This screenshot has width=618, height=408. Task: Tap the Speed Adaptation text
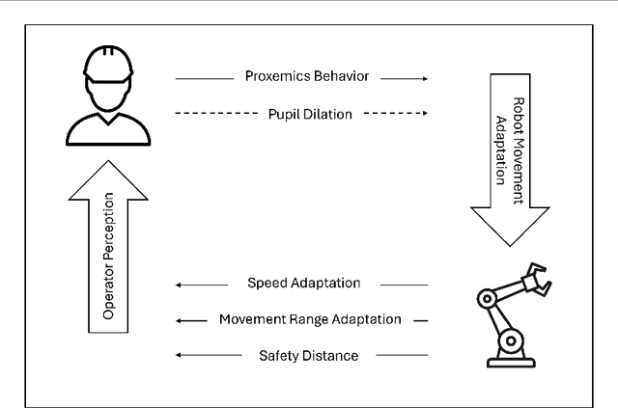[303, 284]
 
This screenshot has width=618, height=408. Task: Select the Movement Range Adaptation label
[309, 319]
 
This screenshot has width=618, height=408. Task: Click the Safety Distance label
[309, 355]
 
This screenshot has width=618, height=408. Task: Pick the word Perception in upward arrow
[108, 227]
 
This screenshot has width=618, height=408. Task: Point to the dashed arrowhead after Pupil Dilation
[423, 113]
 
